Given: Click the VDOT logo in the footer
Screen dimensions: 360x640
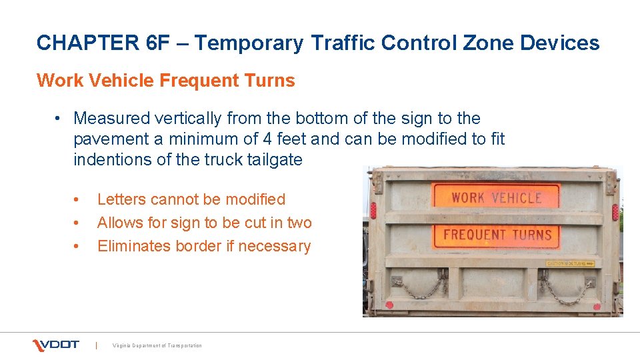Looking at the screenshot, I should click(x=56, y=345).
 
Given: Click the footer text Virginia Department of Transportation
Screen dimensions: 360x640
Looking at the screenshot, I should click(x=157, y=345).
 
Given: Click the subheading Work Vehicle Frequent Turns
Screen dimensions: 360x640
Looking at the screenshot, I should click(x=165, y=81).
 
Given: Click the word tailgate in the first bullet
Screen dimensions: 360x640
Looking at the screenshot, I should click(x=273, y=160).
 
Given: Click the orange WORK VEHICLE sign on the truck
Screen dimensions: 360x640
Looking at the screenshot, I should click(x=496, y=197).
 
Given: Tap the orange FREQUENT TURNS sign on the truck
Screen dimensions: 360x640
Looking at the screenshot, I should click(x=497, y=235).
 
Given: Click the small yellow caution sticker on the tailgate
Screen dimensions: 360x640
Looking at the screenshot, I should click(x=571, y=263).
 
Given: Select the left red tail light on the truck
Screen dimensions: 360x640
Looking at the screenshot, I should click(x=373, y=211).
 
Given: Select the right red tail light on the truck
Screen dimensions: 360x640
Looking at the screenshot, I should click(x=615, y=212).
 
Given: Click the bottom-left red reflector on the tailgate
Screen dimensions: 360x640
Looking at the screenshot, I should click(x=389, y=305).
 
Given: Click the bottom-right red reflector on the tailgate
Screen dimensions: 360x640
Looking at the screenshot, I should click(x=597, y=307).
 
